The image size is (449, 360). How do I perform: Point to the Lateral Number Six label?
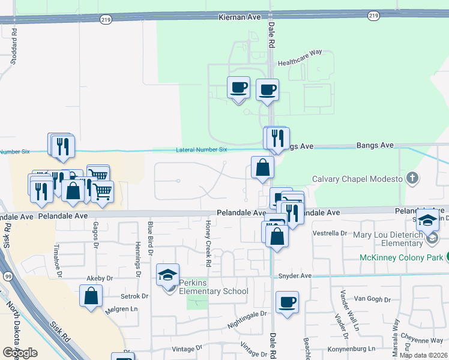[x=202, y=149]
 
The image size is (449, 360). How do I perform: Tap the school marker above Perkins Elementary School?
[x=167, y=275]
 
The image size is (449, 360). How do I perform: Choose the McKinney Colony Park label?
[x=402, y=257]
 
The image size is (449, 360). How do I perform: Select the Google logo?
[x=20, y=352]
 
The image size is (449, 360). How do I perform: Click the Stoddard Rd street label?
[x=13, y=53]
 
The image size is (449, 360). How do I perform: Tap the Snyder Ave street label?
[x=295, y=276]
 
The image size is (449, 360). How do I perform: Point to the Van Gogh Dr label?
[x=368, y=298]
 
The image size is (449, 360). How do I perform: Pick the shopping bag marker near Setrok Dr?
[x=91, y=296]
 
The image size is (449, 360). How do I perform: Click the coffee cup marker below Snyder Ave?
[x=287, y=302]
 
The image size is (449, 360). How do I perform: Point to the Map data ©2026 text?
[x=423, y=355]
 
